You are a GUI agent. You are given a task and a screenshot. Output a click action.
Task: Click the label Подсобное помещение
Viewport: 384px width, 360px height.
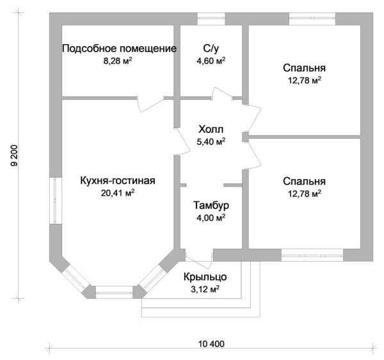(x=118, y=49)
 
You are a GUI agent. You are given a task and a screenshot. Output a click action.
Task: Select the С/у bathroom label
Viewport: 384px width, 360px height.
(x=211, y=49)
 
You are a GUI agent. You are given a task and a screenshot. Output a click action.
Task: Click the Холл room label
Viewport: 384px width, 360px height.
(x=211, y=129)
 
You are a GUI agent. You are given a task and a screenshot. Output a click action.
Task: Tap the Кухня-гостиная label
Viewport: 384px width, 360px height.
(x=118, y=180)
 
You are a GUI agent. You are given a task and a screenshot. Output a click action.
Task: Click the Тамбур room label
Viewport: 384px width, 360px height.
(x=211, y=206)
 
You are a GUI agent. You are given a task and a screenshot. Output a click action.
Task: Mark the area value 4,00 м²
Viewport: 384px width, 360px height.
(x=211, y=217)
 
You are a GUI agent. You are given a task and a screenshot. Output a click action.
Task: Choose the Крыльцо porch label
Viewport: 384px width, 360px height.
(x=204, y=276)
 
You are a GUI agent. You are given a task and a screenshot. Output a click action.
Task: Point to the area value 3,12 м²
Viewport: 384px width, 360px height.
(x=204, y=288)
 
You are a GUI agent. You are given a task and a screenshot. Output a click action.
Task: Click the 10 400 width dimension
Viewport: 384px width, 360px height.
(x=211, y=344)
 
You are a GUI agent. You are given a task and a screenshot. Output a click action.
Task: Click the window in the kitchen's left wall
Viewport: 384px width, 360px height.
(x=56, y=199)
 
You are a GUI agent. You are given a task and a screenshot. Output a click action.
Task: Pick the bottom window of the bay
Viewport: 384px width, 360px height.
(x=113, y=289)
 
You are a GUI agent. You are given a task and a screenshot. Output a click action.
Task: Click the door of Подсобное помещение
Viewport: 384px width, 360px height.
(x=151, y=101)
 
